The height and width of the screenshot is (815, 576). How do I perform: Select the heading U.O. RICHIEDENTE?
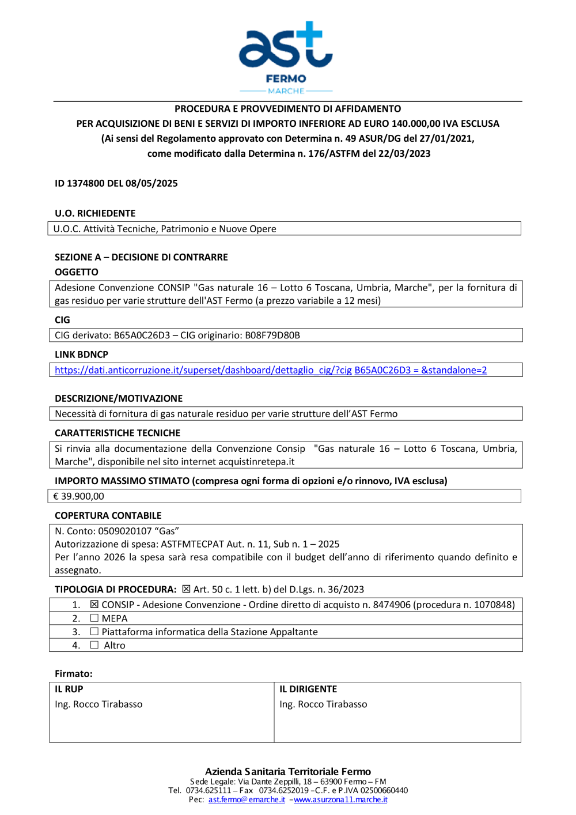click(95, 213)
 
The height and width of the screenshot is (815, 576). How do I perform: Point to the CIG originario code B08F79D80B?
click(272, 335)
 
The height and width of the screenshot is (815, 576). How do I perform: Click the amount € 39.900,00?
click(79, 496)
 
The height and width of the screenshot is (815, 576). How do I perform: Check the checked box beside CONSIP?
click(94, 605)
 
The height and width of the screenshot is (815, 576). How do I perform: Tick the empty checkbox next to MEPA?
click(94, 618)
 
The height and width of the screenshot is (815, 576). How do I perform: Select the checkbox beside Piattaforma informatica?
click(94, 632)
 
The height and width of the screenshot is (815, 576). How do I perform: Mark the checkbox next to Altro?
click(94, 645)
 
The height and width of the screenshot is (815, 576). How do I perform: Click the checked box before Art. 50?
click(186, 589)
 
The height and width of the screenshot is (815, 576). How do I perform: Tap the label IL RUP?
click(69, 689)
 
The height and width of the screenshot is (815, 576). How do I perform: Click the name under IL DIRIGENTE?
click(323, 704)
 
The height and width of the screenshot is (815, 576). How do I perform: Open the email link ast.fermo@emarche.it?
click(247, 799)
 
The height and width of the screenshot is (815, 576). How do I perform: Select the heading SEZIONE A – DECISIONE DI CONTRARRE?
click(141, 257)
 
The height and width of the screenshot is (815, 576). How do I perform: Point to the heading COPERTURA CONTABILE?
click(108, 515)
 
